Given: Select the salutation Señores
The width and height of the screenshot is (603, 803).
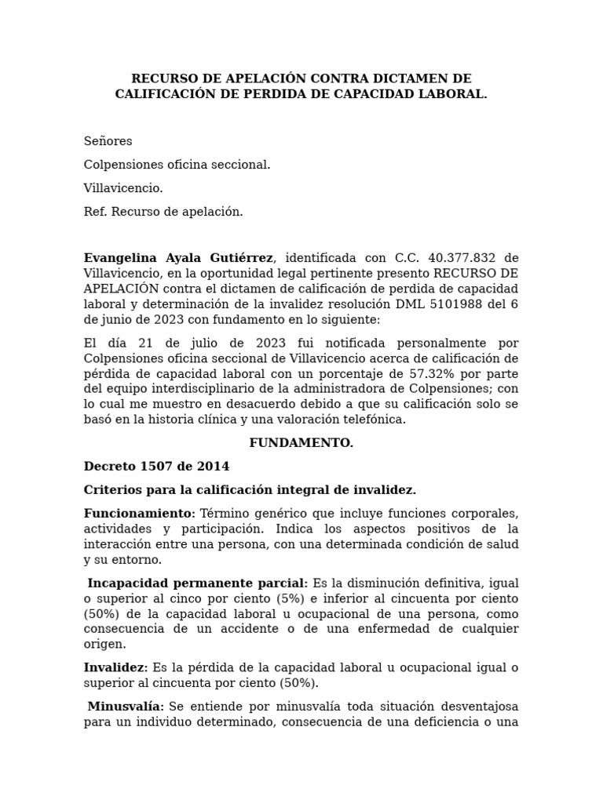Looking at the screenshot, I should tap(108, 141).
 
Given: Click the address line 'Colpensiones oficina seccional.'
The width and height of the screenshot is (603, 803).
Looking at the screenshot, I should tap(177, 165).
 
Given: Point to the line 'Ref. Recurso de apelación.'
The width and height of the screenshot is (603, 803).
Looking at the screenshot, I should tap(163, 212).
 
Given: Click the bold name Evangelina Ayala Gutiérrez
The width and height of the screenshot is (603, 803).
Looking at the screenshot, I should tap(178, 258).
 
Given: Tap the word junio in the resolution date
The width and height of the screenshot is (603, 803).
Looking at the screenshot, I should tap(118, 320).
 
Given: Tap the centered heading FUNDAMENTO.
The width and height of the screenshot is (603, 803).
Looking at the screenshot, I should tap(301, 443).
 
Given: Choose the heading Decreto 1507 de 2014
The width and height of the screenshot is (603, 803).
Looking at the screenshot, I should tap(156, 467).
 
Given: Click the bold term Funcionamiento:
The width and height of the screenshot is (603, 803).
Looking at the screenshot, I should tap(139, 513).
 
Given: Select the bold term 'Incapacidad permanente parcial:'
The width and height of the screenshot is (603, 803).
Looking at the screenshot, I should tap(198, 583).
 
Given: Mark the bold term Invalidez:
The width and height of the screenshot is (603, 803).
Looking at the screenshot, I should tap(115, 667).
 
